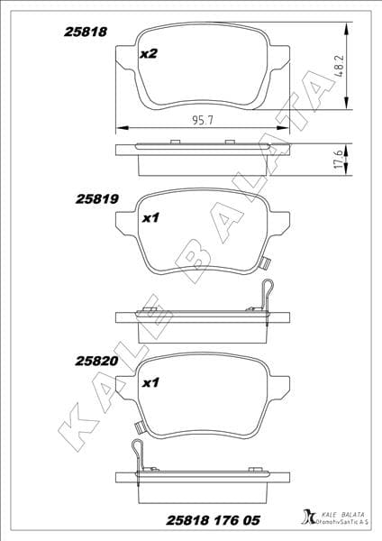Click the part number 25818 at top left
86,31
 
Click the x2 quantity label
150,54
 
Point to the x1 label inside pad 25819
150,217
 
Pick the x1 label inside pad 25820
150,383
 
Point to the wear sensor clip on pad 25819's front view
265,264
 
